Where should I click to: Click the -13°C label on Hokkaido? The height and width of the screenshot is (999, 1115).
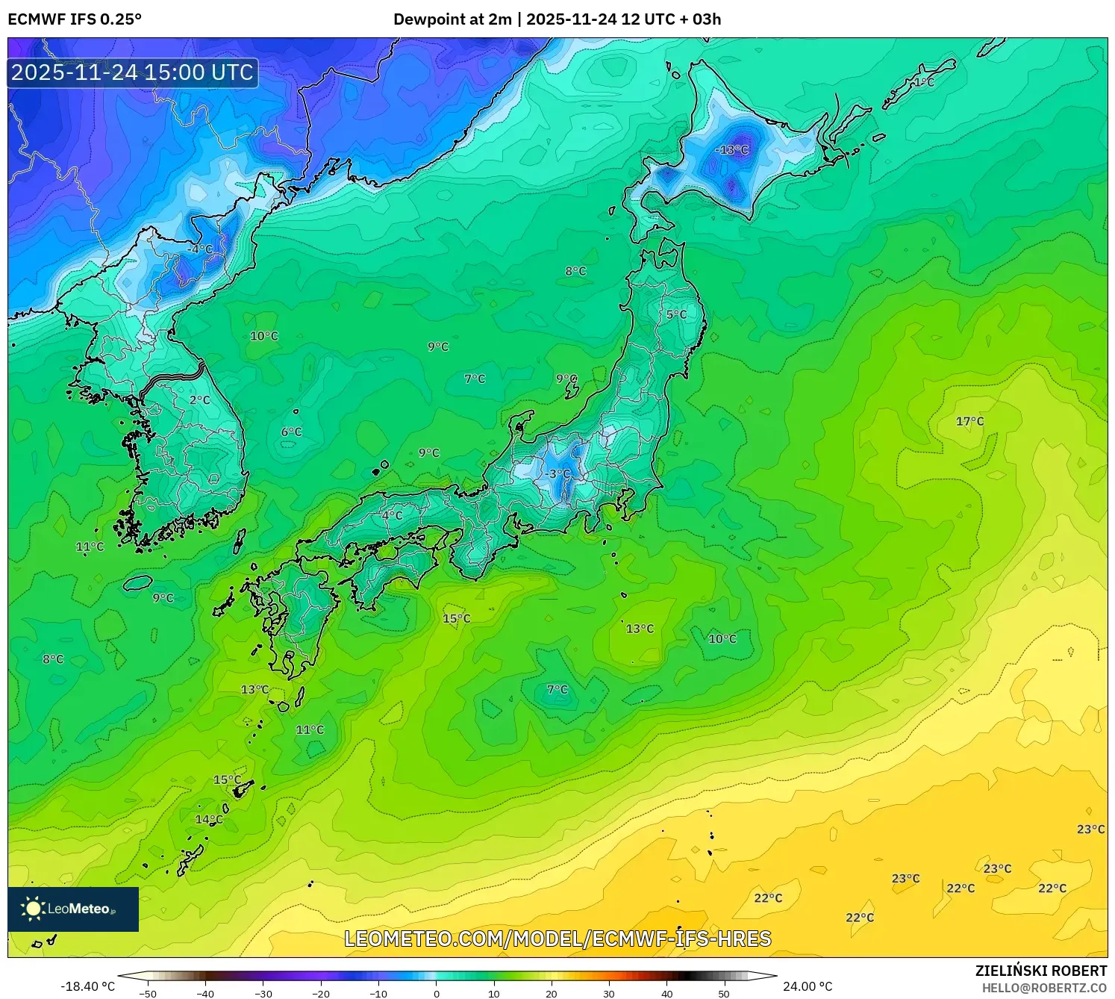pyautogui.click(x=731, y=150)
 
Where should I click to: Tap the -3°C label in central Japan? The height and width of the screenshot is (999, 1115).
pyautogui.click(x=558, y=474)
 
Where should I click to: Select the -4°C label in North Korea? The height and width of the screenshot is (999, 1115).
pyautogui.click(x=200, y=249)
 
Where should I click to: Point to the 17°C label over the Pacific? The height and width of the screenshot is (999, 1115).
pyautogui.click(x=969, y=422)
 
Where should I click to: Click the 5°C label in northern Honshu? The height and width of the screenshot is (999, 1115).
pyautogui.click(x=676, y=315)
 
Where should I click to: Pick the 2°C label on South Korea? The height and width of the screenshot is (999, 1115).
pyautogui.click(x=199, y=400)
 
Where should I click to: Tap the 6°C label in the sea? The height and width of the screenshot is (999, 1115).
pyautogui.click(x=291, y=432)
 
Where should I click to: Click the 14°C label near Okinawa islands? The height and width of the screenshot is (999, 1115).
pyautogui.click(x=209, y=819)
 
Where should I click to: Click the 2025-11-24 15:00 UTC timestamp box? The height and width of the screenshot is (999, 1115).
pyautogui.click(x=133, y=72)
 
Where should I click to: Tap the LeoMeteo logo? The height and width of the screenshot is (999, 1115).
pyautogui.click(x=73, y=909)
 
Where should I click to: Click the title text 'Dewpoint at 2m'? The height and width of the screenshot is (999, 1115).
pyautogui.click(x=452, y=19)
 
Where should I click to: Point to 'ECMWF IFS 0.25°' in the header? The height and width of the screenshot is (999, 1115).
pyautogui.click(x=75, y=19)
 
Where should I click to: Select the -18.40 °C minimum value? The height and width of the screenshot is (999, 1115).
pyautogui.click(x=87, y=986)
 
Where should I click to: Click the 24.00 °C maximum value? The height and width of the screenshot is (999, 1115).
pyautogui.click(x=808, y=986)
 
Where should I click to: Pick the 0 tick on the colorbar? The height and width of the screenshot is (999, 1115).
pyautogui.click(x=437, y=993)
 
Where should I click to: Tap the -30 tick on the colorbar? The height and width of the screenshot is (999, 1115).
pyautogui.click(x=263, y=993)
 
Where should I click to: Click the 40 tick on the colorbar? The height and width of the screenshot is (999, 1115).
pyautogui.click(x=667, y=993)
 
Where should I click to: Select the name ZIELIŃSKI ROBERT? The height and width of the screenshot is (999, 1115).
pyautogui.click(x=1041, y=971)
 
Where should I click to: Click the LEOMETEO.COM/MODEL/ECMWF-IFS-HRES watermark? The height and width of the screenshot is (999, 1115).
pyautogui.click(x=557, y=939)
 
